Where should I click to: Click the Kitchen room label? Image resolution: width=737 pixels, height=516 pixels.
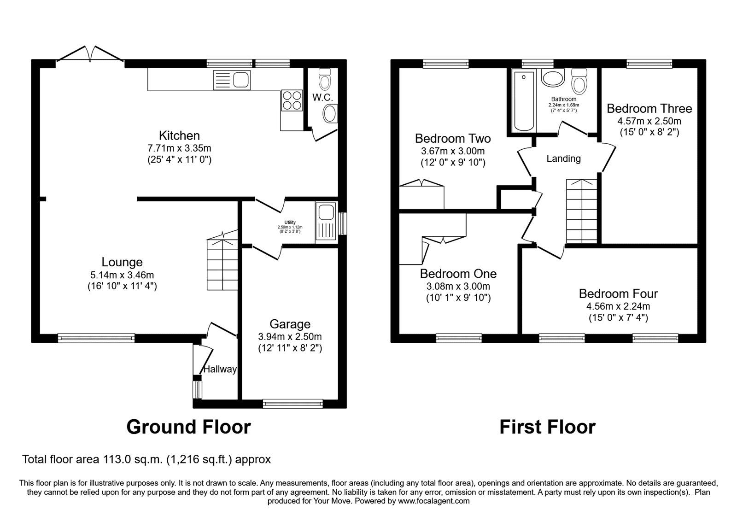[179, 135]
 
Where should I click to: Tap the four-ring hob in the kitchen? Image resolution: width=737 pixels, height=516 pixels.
[292, 100]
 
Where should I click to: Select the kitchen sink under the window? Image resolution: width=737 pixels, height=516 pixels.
[232, 80]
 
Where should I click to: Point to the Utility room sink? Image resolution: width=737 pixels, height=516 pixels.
[326, 213]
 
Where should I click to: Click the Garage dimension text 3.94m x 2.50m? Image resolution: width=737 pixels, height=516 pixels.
[290, 336]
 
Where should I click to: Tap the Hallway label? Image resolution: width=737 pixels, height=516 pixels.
[220, 369]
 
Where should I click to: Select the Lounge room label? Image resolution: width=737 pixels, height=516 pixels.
[122, 262]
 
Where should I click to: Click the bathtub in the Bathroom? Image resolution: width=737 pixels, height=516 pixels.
[524, 101]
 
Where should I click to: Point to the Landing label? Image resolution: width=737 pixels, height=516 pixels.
[563, 159]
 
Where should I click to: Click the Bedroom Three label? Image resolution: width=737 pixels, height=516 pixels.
[649, 109]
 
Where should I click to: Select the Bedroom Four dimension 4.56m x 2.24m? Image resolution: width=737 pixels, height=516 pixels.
[618, 306]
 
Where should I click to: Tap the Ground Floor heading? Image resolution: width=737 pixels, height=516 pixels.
[188, 427]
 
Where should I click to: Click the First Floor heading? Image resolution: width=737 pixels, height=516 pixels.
[547, 427]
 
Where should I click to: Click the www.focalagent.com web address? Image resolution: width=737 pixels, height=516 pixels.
[433, 501]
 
